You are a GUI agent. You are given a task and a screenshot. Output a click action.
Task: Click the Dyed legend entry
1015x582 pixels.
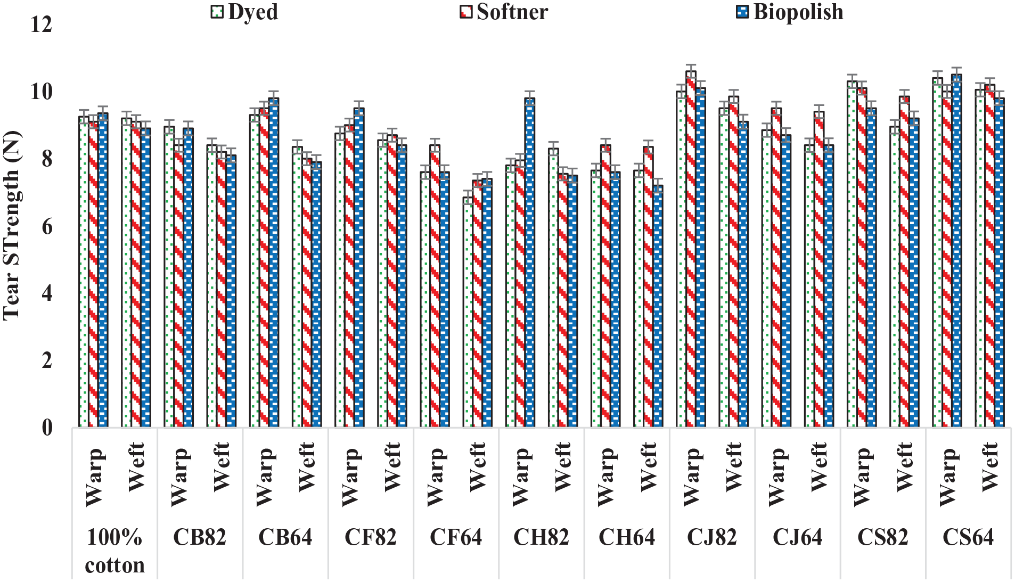tap(244, 12)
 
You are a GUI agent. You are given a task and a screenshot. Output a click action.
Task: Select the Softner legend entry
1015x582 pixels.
tap(504, 12)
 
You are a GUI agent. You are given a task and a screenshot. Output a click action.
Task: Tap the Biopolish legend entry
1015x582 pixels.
tap(790, 12)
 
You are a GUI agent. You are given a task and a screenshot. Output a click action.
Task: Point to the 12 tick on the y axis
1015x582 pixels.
tap(41, 24)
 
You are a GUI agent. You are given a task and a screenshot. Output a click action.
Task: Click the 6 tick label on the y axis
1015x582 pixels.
tap(47, 226)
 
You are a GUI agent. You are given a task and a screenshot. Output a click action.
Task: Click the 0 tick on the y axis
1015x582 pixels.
tap(47, 428)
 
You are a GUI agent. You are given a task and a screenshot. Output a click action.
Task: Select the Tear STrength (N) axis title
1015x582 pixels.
tap(12, 226)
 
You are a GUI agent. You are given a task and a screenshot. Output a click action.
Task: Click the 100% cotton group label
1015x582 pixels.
tap(114, 551)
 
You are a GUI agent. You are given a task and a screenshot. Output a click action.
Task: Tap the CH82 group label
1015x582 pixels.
tap(541, 537)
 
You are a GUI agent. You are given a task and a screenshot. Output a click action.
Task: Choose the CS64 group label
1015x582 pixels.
tap(968, 537)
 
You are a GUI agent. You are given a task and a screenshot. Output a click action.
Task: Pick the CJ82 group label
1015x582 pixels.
tap(712, 537)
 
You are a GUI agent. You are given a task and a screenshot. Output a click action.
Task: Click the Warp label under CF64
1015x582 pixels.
tap(435, 477)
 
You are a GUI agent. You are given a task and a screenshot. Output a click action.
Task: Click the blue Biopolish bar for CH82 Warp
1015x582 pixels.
tap(529, 263)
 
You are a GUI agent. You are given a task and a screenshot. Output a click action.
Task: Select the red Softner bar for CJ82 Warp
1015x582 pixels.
tap(691, 249)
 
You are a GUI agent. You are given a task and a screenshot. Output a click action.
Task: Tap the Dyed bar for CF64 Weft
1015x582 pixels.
tap(468, 312)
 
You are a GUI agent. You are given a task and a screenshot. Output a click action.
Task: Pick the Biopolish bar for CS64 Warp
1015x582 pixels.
tap(956, 251)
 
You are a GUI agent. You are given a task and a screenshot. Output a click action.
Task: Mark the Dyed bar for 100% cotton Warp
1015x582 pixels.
tap(84, 272)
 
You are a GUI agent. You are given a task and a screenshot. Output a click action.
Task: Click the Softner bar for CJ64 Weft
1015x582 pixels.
tap(819, 269)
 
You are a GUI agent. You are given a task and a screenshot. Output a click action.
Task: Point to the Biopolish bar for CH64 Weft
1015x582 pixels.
tap(658, 306)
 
